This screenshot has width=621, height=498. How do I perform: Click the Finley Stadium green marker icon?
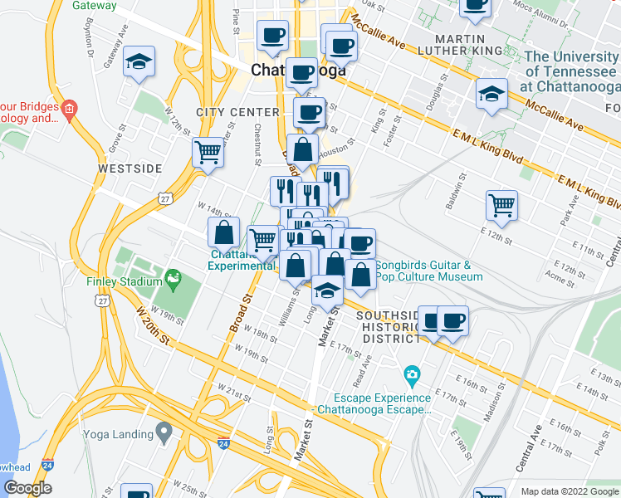(174, 279)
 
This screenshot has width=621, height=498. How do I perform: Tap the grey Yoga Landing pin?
(164, 432)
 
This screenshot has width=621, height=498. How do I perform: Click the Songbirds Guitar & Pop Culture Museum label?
(428, 271)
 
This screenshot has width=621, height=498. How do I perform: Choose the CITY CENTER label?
(237, 112)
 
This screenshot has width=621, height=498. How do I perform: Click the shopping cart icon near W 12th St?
(208, 151)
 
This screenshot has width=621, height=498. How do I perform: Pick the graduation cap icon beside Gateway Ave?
(139, 61)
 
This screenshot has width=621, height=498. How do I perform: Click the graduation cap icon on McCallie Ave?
(491, 94)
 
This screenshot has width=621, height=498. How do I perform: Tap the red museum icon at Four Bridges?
(70, 108)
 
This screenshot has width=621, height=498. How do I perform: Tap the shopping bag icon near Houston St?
(303, 150)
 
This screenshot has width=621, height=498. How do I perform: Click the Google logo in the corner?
(27, 488)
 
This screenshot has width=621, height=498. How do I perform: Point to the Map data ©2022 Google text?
(569, 491)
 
